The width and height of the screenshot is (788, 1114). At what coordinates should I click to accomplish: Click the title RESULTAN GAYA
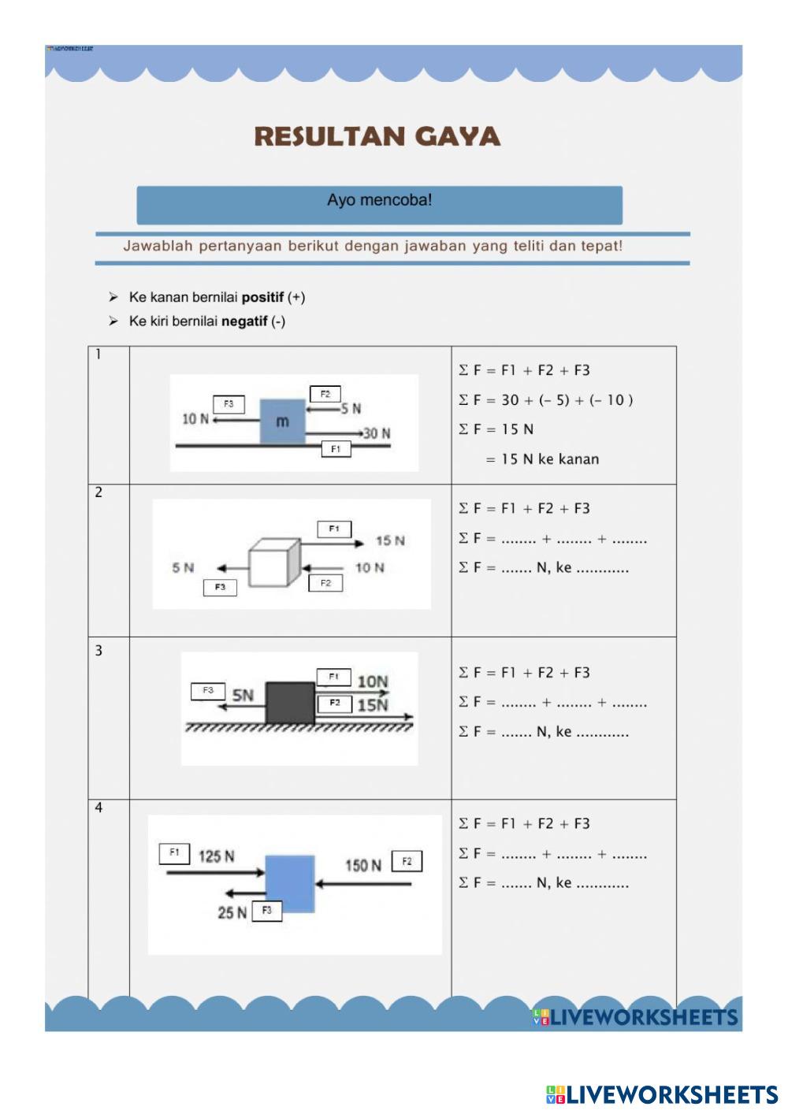coord(377,136)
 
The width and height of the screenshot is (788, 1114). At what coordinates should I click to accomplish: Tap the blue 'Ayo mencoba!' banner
coord(379,204)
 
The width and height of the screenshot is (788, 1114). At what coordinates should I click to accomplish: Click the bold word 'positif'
coord(262,297)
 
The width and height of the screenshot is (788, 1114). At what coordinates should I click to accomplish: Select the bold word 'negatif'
coord(244,321)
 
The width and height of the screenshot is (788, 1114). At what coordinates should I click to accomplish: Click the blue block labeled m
coord(282,421)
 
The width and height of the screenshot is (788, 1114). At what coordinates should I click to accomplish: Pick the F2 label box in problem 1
coord(325,394)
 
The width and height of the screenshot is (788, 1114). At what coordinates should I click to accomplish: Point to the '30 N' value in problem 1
coord(376,433)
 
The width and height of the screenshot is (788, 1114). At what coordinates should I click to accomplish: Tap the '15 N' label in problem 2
coord(390,540)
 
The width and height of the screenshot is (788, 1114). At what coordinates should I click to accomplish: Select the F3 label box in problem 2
coord(220,587)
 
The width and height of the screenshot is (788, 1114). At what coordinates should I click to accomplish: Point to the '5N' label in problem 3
coord(243,695)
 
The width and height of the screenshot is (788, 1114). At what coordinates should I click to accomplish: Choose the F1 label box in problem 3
coord(333,677)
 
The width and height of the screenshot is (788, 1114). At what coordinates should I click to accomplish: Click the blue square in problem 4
coord(290,883)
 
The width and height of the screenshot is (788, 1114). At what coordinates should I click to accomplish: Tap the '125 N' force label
coord(216,856)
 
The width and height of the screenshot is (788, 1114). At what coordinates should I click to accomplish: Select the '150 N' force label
coord(362,865)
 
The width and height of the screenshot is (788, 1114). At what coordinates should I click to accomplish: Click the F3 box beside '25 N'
coord(267,911)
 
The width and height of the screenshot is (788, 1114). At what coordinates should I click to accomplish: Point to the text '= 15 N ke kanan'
coord(542,459)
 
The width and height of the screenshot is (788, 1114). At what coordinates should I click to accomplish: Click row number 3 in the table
coord(98,651)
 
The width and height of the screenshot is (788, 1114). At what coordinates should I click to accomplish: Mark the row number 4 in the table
coord(98,808)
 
